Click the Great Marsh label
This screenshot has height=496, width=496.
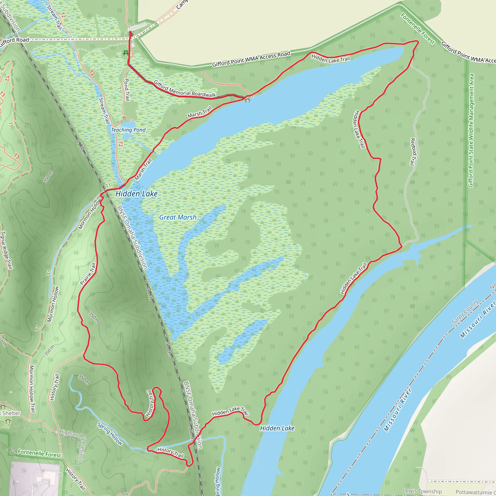(178, 217)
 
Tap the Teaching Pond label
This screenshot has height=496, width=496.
(128, 130)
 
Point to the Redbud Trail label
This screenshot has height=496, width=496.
(412, 152)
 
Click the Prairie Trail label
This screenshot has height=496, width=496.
(88, 274)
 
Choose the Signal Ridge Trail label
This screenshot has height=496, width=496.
(7, 250)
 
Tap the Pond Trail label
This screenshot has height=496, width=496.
(127, 90)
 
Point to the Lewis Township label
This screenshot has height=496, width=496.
(422, 491)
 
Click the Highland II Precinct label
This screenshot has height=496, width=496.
(73, 445)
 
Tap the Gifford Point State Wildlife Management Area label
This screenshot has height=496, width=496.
(471, 131)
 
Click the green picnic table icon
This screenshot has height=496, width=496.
(126, 53)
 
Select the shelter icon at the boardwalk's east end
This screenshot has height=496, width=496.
(248, 100)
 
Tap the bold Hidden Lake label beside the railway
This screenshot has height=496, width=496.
(136, 194)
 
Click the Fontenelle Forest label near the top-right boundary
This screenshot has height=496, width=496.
(418, 29)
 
